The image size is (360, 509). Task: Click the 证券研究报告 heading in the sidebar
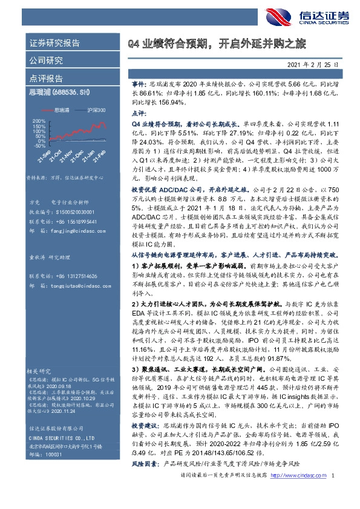54,44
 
